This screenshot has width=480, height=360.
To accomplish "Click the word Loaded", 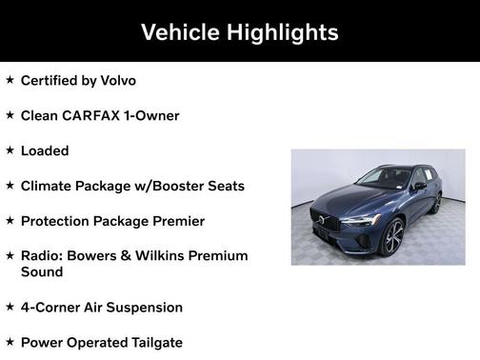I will [x=45, y=150].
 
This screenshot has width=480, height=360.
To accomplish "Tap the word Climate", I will [x=49, y=186].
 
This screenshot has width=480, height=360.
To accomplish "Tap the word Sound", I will [x=42, y=271].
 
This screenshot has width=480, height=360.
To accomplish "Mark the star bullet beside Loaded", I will [x=10, y=150].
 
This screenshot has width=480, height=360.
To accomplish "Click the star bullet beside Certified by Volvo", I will [x=10, y=80].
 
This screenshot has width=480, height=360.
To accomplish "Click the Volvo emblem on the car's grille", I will [x=322, y=221].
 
